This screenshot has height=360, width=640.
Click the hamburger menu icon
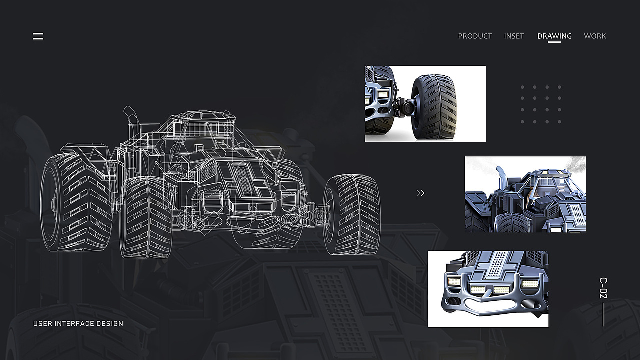tap(38, 36)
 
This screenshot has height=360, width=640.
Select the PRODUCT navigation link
tap(475, 36)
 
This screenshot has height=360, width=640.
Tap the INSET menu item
tap(514, 36)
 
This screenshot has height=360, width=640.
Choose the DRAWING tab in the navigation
tap(554, 36)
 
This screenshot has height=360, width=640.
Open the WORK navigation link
tap(595, 36)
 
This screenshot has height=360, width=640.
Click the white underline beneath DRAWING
tap(554, 42)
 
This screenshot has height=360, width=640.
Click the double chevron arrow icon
tap(420, 193)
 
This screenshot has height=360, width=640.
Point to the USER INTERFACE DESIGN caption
tap(78, 323)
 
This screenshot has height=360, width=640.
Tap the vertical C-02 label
tap(603, 288)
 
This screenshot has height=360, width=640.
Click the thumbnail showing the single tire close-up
tap(425, 104)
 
